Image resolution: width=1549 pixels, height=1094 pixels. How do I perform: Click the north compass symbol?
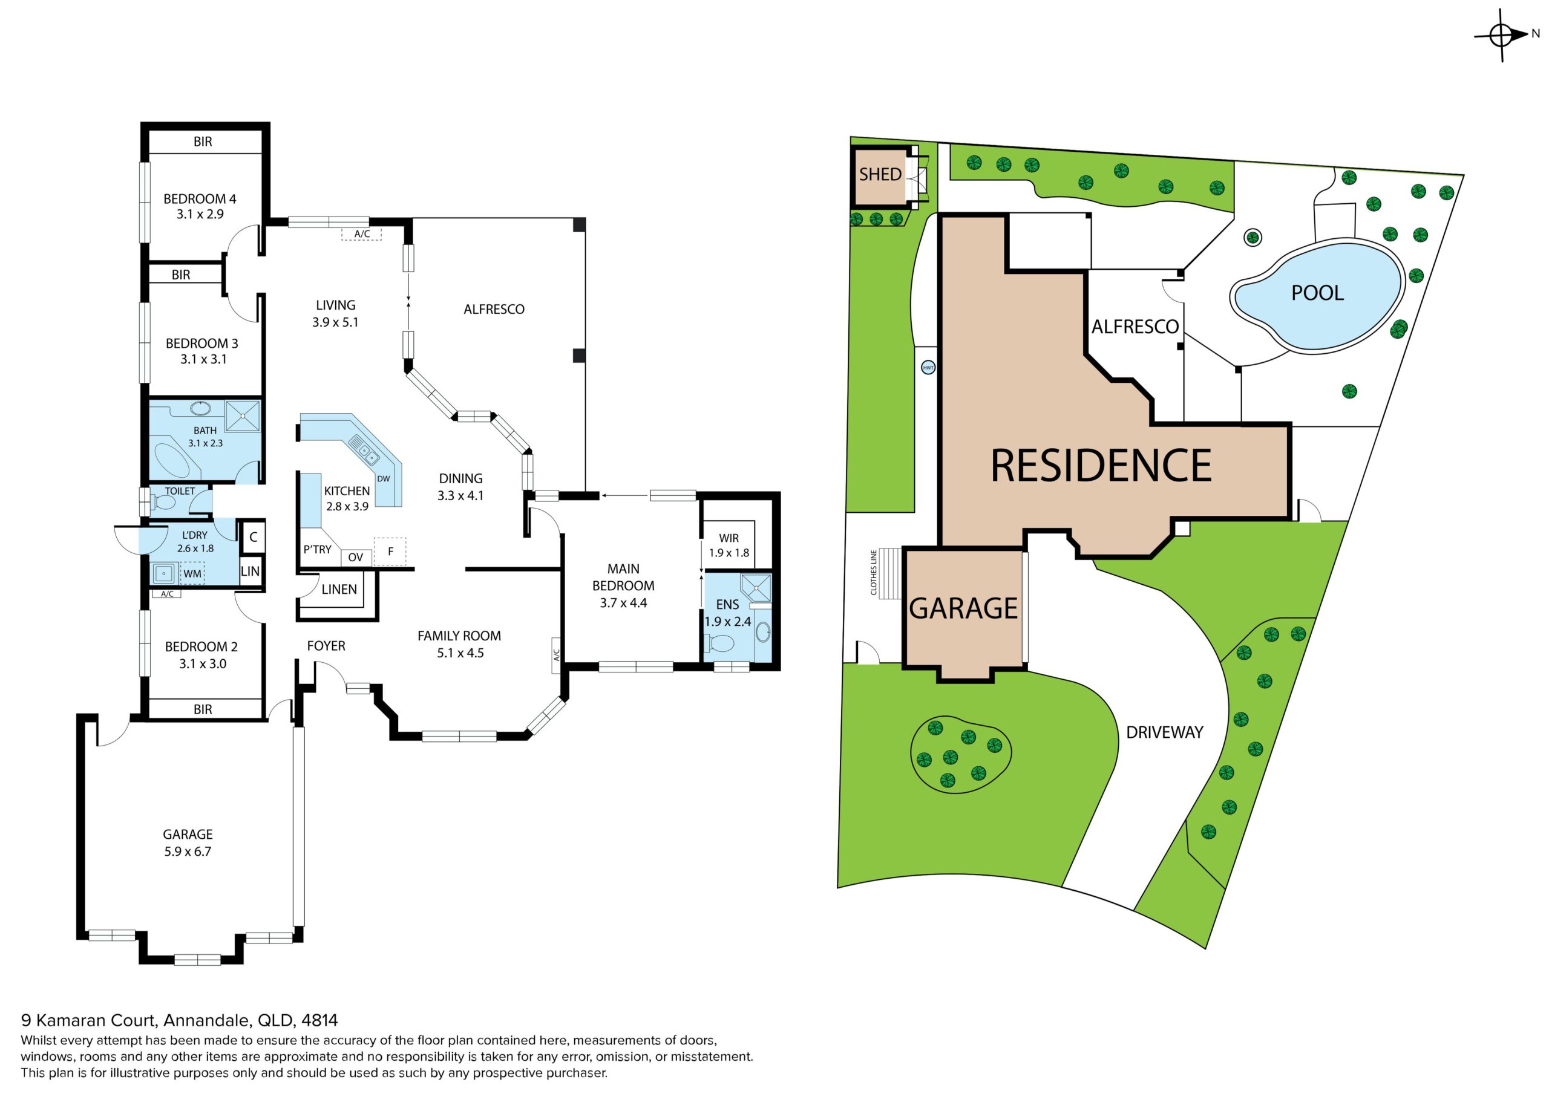tap(1502, 35)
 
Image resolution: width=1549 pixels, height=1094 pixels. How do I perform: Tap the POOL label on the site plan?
tap(1317, 293)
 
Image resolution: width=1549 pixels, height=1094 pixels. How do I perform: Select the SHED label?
tap(880, 175)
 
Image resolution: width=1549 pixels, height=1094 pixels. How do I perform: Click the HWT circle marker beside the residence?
tap(928, 368)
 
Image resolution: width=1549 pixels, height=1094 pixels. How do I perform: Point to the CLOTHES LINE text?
tap(874, 572)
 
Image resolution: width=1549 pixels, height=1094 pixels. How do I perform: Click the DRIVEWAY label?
tap(1164, 732)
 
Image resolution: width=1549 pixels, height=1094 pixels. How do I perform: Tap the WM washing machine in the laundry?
tap(192, 573)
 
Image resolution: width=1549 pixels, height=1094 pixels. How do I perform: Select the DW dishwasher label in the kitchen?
tap(383, 479)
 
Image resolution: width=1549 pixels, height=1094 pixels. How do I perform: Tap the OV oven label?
tap(356, 557)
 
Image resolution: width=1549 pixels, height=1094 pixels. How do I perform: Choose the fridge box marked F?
tap(390, 551)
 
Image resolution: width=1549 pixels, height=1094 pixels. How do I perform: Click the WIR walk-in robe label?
tap(729, 538)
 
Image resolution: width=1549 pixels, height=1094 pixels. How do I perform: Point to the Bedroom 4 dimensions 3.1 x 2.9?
tap(200, 215)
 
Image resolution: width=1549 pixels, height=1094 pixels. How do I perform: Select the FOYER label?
tap(326, 646)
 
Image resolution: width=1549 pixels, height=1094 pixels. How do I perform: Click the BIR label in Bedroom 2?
tap(202, 709)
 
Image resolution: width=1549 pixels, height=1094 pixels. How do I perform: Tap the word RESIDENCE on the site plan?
tap(1101, 466)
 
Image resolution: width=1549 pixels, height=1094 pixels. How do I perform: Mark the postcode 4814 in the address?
tap(320, 1020)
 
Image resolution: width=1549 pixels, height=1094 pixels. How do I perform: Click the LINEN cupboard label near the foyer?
tap(339, 590)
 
